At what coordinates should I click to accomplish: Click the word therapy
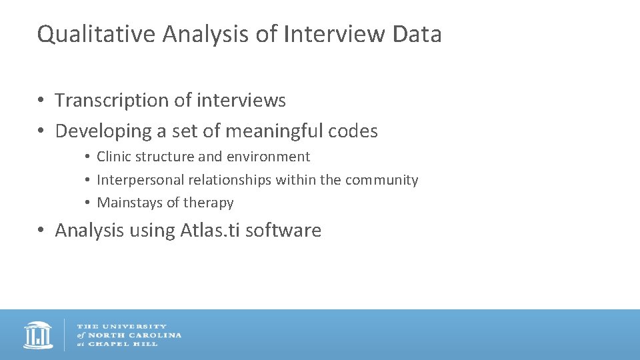208,203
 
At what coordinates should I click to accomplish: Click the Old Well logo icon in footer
38,335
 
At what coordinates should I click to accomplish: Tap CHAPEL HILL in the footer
123,344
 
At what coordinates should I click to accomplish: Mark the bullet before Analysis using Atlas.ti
41,231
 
